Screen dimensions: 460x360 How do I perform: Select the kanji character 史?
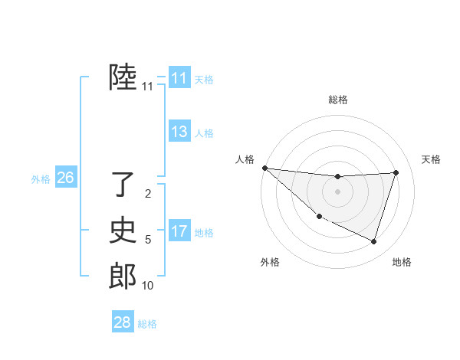[123, 230]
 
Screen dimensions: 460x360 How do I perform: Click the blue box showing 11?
[179, 78]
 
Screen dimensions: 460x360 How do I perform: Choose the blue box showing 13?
[179, 132]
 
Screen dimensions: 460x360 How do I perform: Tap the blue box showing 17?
[179, 231]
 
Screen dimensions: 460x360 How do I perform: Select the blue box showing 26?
[65, 178]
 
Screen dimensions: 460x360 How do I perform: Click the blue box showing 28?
[122, 322]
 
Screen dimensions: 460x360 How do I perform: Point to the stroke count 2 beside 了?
[148, 194]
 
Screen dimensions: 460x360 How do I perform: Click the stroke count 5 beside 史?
[148, 240]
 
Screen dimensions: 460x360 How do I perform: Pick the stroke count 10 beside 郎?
[147, 286]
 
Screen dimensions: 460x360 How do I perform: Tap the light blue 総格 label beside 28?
[147, 324]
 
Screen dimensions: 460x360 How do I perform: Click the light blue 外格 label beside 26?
[41, 179]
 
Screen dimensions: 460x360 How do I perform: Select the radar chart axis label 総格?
[338, 100]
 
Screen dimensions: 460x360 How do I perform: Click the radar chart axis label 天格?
[431, 159]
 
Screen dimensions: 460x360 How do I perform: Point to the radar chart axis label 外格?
[270, 262]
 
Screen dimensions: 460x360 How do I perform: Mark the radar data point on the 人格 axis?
[264, 168]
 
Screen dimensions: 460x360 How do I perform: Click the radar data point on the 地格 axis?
[373, 241]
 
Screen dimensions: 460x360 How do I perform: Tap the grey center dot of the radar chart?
[337, 191]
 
